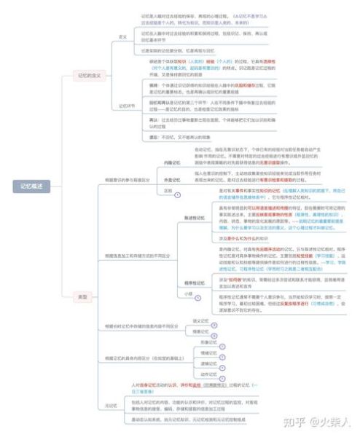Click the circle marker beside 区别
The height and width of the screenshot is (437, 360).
177,193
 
